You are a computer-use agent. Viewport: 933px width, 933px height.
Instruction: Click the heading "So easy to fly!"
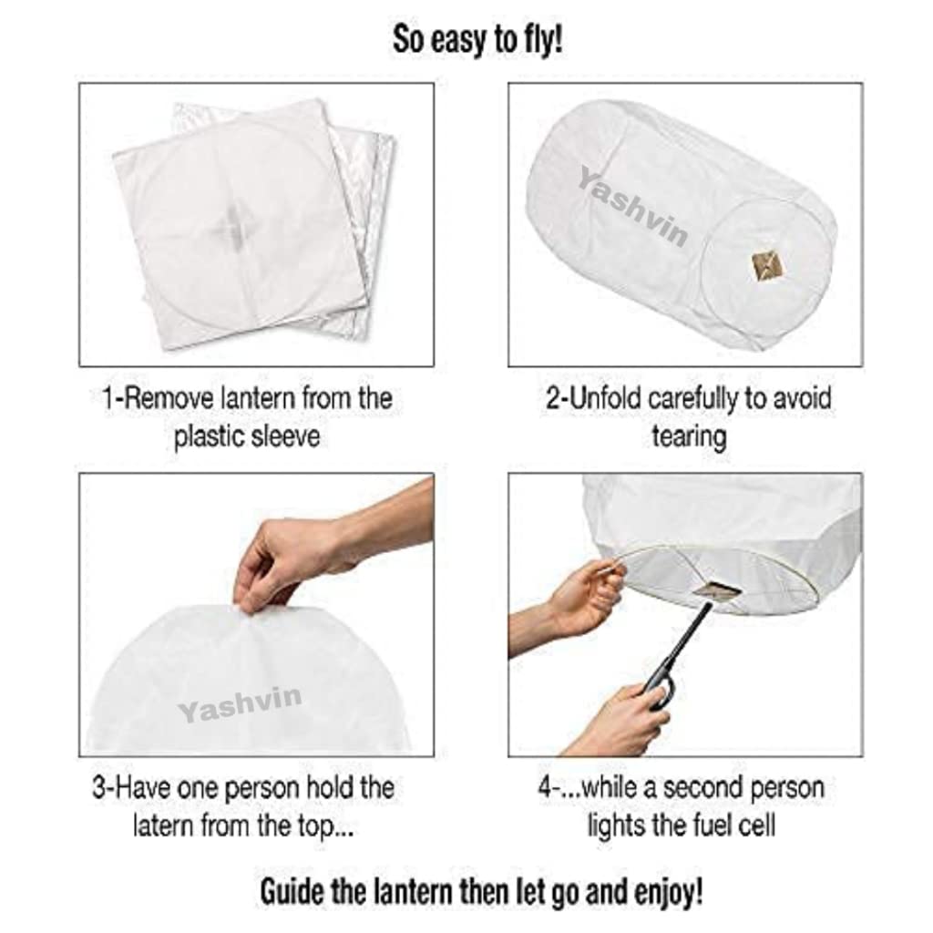pos(477,41)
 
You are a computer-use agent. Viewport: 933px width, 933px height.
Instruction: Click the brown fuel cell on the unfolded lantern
pos(767,265)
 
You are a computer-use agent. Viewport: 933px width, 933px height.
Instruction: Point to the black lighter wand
pos(679,648)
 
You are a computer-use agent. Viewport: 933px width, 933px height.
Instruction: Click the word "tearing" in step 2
pos(688,436)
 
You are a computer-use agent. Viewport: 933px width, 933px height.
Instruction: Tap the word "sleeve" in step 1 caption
pos(285,436)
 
